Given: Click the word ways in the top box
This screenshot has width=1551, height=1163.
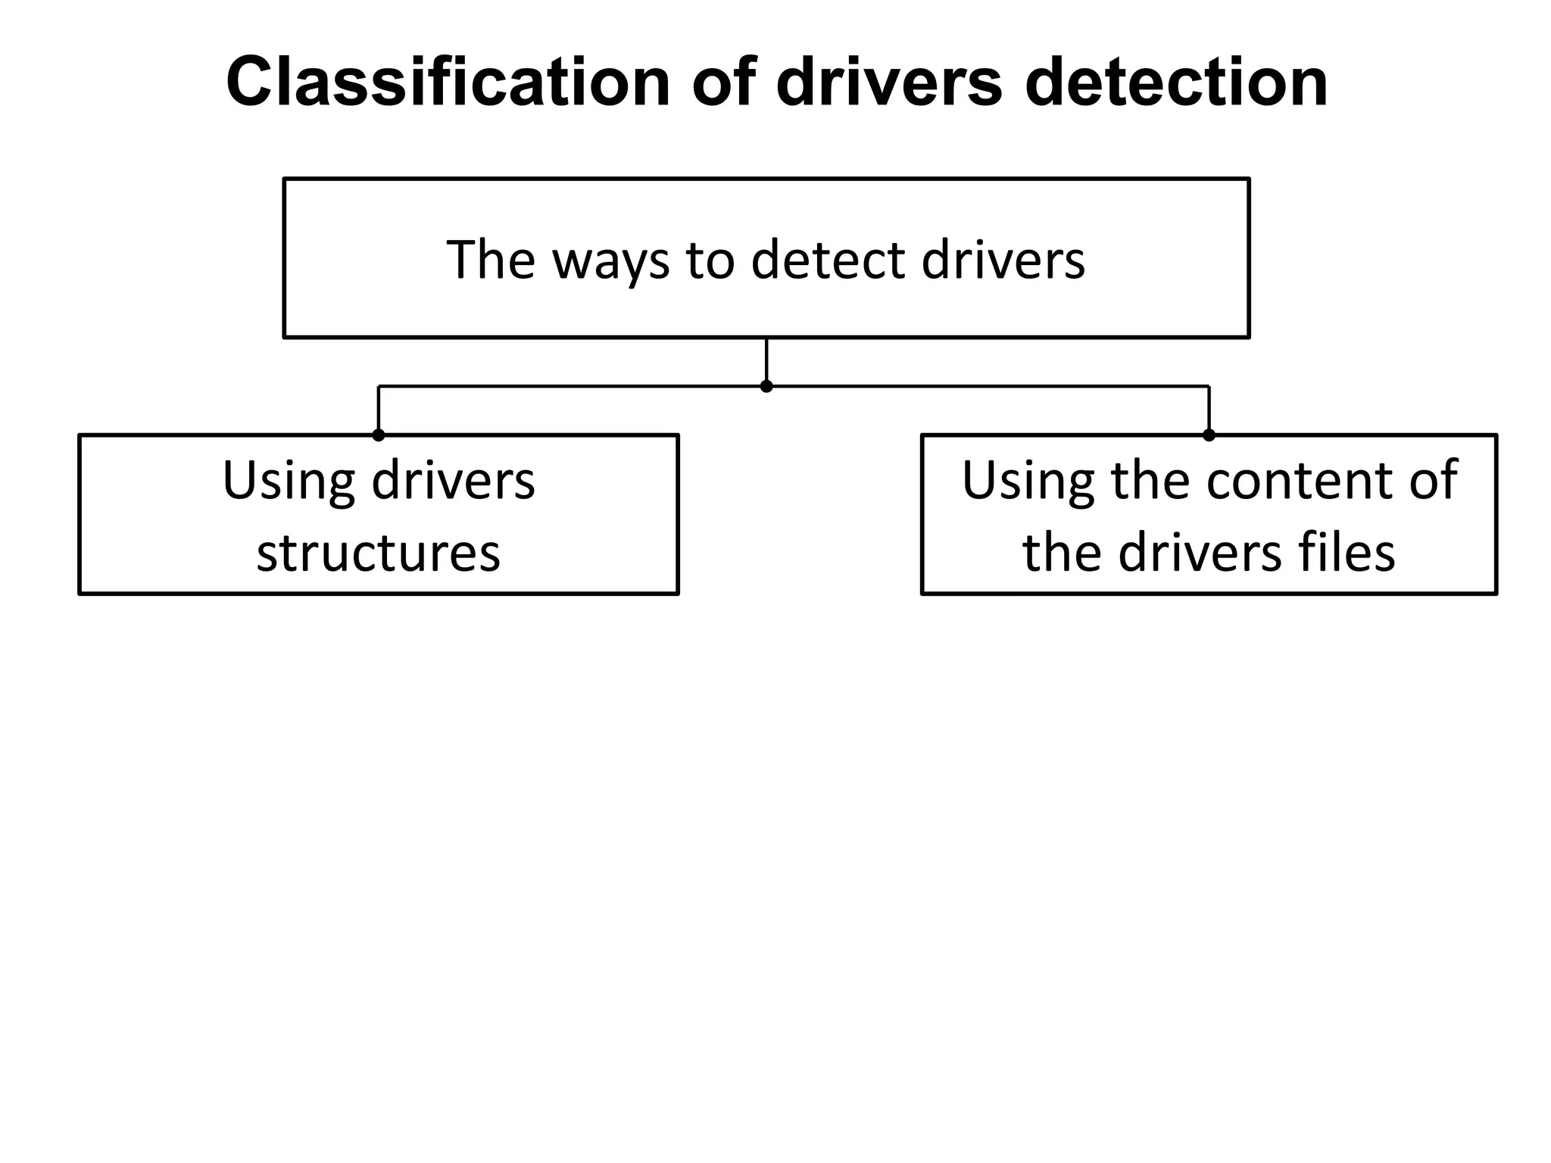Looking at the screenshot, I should (x=610, y=261).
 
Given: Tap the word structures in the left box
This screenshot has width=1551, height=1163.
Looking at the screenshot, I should (x=379, y=552).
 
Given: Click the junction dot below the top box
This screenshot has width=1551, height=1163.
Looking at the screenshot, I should (x=766, y=386).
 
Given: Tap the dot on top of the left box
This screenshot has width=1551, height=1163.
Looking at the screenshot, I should (x=379, y=435).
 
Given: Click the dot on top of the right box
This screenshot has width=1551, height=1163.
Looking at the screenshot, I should (x=1209, y=435).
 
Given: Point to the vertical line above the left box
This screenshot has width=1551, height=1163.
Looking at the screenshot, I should (x=379, y=409).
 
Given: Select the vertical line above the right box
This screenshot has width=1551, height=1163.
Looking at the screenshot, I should (x=1209, y=409).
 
